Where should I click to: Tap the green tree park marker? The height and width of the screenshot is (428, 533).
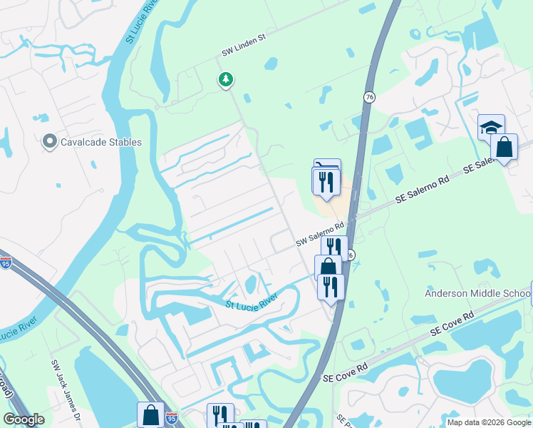click(x=226, y=79)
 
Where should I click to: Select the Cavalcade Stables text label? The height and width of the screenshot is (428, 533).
click(x=100, y=142)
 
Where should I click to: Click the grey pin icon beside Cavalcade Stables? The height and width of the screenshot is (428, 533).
click(x=50, y=141)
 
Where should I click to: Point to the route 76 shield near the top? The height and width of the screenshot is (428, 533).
click(x=368, y=97)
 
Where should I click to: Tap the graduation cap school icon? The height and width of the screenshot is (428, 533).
click(x=491, y=128)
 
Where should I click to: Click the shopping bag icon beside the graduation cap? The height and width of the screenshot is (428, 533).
click(x=504, y=148)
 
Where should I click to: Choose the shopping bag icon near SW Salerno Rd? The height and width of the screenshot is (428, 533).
click(x=328, y=268)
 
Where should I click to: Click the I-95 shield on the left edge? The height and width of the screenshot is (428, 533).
click(x=5, y=263)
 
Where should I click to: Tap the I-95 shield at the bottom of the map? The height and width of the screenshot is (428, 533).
click(x=172, y=417)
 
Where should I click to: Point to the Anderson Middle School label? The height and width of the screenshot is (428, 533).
click(x=477, y=293)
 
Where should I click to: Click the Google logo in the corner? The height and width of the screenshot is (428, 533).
click(x=24, y=419)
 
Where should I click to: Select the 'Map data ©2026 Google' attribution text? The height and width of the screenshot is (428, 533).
click(x=488, y=422)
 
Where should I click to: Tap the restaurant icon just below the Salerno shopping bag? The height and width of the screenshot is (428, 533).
click(x=330, y=286)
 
